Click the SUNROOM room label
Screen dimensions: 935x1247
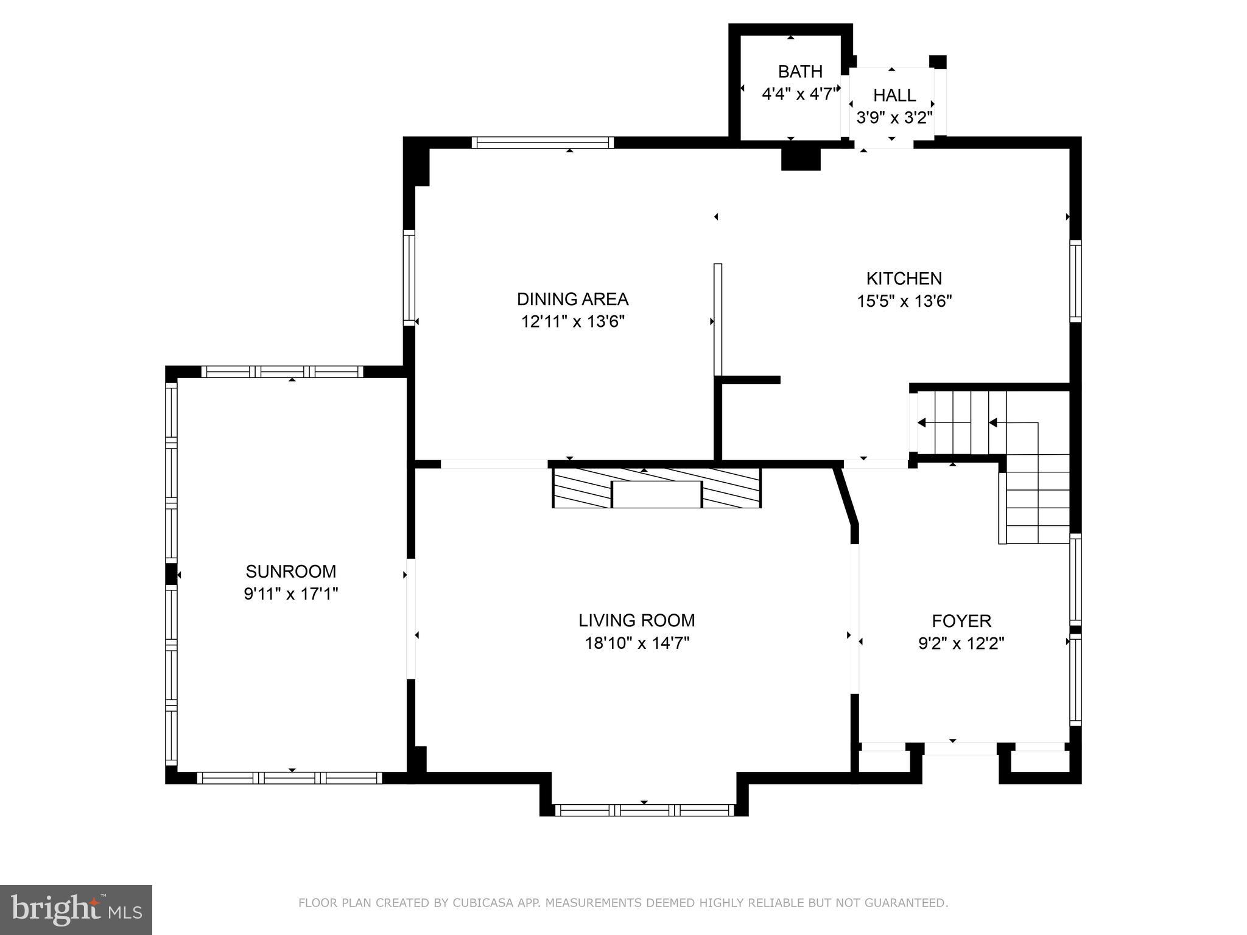[x=290, y=571]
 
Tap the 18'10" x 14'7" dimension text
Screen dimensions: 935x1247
[x=637, y=643]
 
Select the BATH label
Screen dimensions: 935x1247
[x=800, y=72]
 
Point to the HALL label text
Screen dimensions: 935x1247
[x=894, y=95]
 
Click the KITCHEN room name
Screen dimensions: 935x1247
[x=904, y=278]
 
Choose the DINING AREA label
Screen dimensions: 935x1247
[x=572, y=299]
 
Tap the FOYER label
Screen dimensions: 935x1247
[x=961, y=621]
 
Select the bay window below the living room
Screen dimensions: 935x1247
[x=644, y=810]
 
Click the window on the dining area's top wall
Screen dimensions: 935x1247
[x=543, y=142]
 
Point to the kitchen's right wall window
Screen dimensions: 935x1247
[x=1075, y=281]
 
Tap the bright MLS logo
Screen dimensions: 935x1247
[x=76, y=909]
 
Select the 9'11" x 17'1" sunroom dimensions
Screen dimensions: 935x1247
[x=290, y=594]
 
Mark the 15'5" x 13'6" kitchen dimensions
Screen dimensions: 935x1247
[x=904, y=301]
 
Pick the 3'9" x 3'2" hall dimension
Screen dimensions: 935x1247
[x=894, y=117]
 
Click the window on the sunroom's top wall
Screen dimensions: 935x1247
[x=282, y=371]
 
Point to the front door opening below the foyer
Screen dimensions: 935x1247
[x=961, y=749]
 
